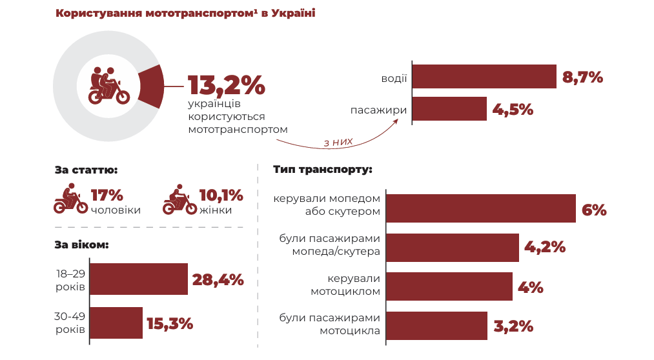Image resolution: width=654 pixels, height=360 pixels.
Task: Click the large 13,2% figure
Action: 226,85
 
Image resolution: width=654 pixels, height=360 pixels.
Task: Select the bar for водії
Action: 484,77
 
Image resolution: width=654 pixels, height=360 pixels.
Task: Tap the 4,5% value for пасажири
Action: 513,110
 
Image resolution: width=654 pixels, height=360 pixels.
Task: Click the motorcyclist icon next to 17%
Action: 70,199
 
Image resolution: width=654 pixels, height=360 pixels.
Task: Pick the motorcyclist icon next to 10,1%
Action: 179,199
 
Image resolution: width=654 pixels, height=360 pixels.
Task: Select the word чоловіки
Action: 116,210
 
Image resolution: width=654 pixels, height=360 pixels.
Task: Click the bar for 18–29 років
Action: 138,279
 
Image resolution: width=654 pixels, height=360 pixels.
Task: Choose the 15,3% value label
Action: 170,323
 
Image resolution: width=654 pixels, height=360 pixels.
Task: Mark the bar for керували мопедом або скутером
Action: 481,208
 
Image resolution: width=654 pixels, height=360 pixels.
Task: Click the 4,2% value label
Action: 545,247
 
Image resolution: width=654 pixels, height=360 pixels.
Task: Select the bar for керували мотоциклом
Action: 449,286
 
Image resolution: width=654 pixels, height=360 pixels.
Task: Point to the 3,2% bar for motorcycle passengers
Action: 437,326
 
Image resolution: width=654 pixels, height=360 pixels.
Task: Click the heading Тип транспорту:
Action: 322,170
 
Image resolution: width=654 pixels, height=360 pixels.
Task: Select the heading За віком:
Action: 82,245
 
